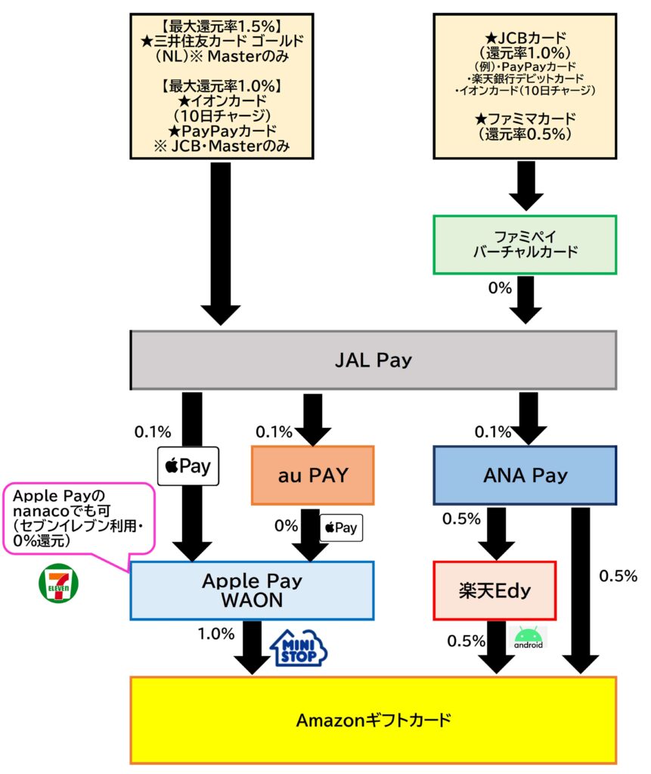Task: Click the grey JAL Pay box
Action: point(374,360)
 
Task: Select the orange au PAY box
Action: point(313,475)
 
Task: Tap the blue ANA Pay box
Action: point(524,475)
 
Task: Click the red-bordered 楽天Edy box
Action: point(494,590)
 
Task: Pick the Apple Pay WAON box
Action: point(252,590)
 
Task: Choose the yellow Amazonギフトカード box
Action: point(374,719)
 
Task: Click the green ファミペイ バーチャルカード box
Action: point(524,244)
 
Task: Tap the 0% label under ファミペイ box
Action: point(500,288)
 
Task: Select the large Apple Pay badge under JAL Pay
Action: point(188,466)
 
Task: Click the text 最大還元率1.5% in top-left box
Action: point(222,26)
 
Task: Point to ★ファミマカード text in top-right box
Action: point(524,118)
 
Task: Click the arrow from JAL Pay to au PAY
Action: point(311,418)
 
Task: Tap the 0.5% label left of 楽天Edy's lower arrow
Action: point(466,641)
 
